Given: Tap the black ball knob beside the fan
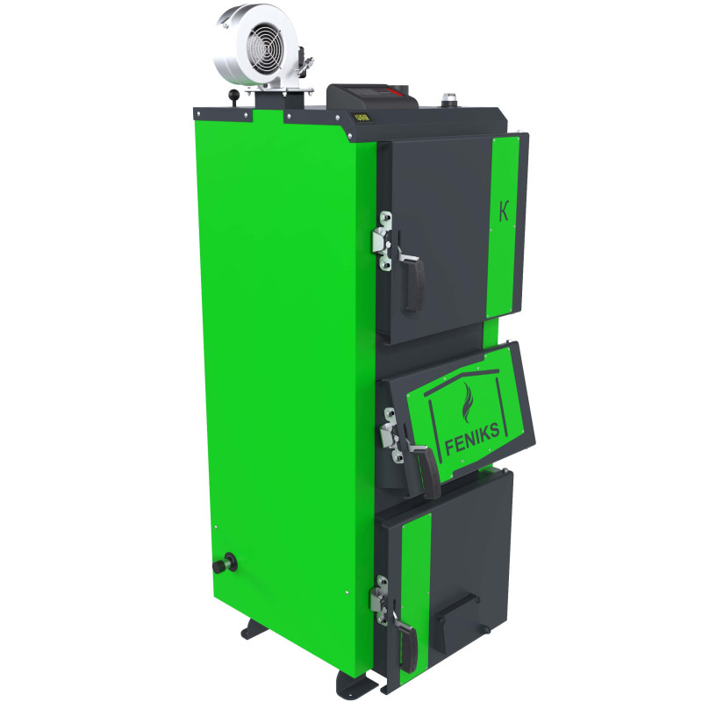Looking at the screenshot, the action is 233,96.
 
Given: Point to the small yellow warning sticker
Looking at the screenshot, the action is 362,118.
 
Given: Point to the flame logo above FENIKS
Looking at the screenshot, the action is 468,403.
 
